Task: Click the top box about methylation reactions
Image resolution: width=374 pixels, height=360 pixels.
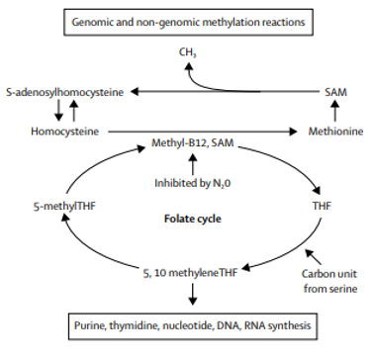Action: coord(186,20)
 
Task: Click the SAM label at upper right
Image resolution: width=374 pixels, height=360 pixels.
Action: coord(336,90)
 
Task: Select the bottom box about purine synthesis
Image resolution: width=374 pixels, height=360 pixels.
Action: coord(187,325)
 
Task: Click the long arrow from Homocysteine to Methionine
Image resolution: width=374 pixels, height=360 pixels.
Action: coord(198,129)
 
